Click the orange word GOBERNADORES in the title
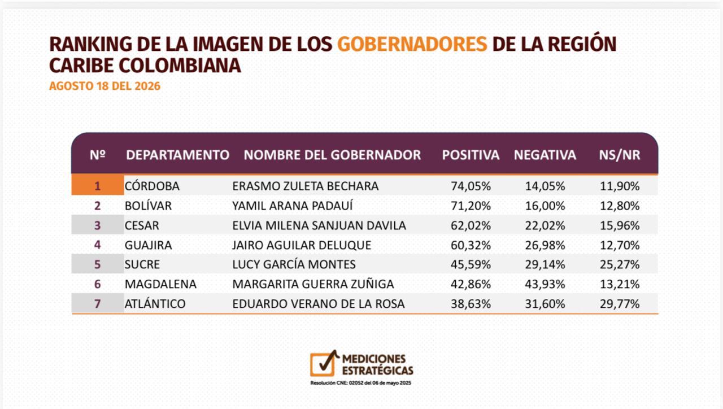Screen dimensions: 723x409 [x=412, y=44]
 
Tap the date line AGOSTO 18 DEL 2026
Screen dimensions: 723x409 [x=104, y=86]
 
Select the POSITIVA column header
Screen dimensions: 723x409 [x=471, y=155]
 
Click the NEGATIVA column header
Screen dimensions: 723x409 [x=545, y=155]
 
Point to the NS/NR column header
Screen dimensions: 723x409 [x=620, y=155]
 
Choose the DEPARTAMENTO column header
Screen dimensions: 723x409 [x=177, y=155]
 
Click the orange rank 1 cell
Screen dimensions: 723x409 [x=98, y=185]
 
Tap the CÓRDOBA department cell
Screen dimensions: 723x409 [x=152, y=186]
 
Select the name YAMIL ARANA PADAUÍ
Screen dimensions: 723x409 [x=293, y=206]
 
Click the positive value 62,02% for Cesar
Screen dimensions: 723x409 [x=471, y=225]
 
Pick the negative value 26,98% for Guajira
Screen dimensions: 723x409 [x=545, y=245]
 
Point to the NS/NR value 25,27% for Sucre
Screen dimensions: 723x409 [x=620, y=264]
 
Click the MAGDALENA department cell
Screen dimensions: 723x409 [x=160, y=284]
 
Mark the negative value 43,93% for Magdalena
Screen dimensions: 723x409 [x=545, y=284]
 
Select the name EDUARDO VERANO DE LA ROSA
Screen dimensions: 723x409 [x=318, y=304]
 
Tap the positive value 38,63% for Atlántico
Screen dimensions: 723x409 [x=471, y=304]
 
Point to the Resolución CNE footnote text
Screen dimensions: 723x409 [x=361, y=383]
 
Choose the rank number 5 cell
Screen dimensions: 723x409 [x=98, y=264]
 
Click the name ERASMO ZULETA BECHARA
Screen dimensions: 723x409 [x=306, y=186]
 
